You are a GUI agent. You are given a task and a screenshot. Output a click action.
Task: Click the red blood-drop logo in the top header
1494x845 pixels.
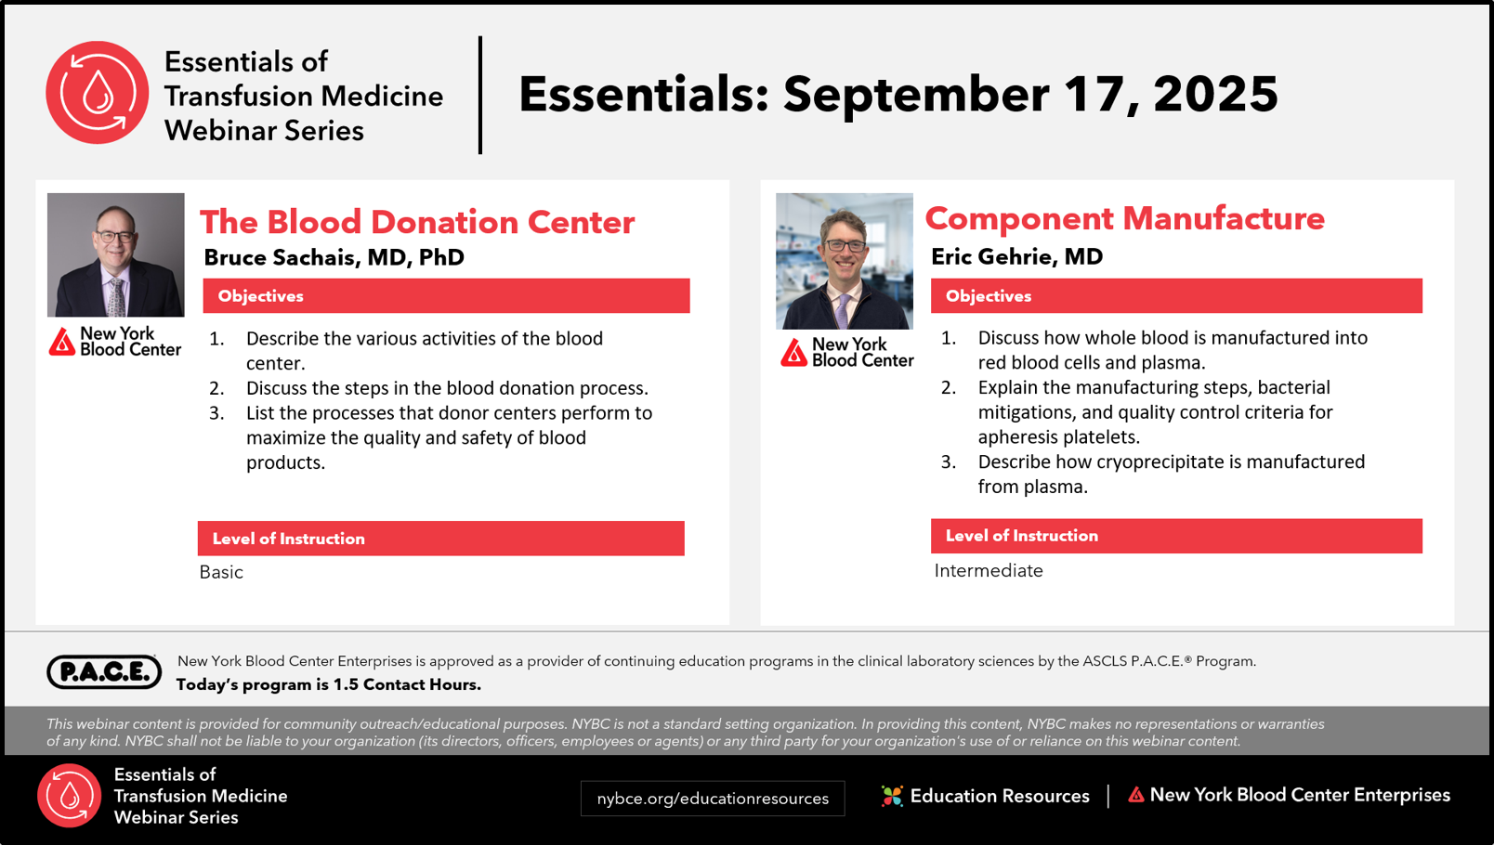[x=98, y=93]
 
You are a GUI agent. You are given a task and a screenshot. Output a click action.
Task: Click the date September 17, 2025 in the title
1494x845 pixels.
[x=1030, y=95]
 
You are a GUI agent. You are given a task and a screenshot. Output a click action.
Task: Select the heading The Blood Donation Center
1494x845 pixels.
[x=417, y=222]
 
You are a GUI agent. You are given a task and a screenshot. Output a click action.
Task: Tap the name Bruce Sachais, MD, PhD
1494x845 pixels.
[x=334, y=257]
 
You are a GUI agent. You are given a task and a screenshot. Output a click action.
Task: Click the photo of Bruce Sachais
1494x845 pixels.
[x=116, y=254]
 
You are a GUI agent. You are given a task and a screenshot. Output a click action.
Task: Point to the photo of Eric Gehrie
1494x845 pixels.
[x=845, y=261]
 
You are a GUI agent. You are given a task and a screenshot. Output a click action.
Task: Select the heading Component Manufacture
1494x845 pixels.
[x=1124, y=218]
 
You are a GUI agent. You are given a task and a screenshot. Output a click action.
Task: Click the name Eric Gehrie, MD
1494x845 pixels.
[x=1017, y=256]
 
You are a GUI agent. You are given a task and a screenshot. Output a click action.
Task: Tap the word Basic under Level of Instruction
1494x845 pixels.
[x=221, y=572]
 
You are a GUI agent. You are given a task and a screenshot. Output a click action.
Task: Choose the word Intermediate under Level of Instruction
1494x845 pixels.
[x=989, y=570]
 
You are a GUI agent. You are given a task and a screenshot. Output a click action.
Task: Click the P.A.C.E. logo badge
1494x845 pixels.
[x=104, y=671]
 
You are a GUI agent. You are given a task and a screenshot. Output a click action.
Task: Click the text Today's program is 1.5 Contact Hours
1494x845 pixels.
[x=329, y=684]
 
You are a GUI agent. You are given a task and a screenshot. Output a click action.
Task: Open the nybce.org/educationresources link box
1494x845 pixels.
[x=713, y=799]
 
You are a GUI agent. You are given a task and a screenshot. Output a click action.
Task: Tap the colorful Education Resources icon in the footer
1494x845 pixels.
[x=892, y=796]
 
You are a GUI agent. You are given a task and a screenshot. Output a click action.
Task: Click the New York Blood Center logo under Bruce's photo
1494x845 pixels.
[x=114, y=341]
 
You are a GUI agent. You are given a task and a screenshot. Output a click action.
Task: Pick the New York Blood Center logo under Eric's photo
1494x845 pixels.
[x=847, y=352]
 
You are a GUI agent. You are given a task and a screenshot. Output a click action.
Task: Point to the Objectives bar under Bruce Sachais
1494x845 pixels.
[x=446, y=296]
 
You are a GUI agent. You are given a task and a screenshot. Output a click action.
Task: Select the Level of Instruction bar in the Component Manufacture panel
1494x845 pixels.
[x=1176, y=536]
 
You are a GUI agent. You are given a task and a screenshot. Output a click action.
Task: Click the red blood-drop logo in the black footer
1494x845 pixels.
[x=70, y=796]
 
